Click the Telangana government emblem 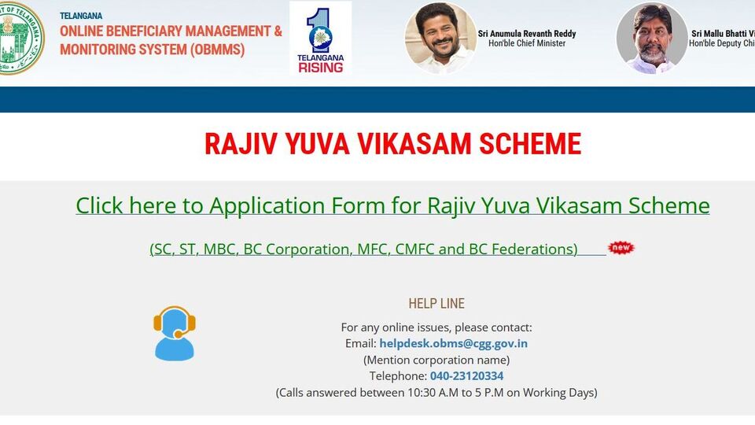[x=21, y=38]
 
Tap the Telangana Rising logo [x=320, y=38]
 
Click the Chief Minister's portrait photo [x=440, y=38]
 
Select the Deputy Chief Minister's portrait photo [x=652, y=38]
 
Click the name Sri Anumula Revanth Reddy [x=527, y=34]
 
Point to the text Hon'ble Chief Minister [x=527, y=43]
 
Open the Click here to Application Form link [x=392, y=205]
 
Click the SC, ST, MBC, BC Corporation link [x=363, y=249]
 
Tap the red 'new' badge [x=621, y=248]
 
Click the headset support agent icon [x=175, y=334]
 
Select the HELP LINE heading [x=436, y=304]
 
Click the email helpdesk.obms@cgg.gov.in [x=454, y=344]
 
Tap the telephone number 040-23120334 [x=466, y=376]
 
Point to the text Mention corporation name [x=436, y=360]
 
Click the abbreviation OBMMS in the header [x=218, y=50]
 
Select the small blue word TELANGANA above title [x=81, y=16]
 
